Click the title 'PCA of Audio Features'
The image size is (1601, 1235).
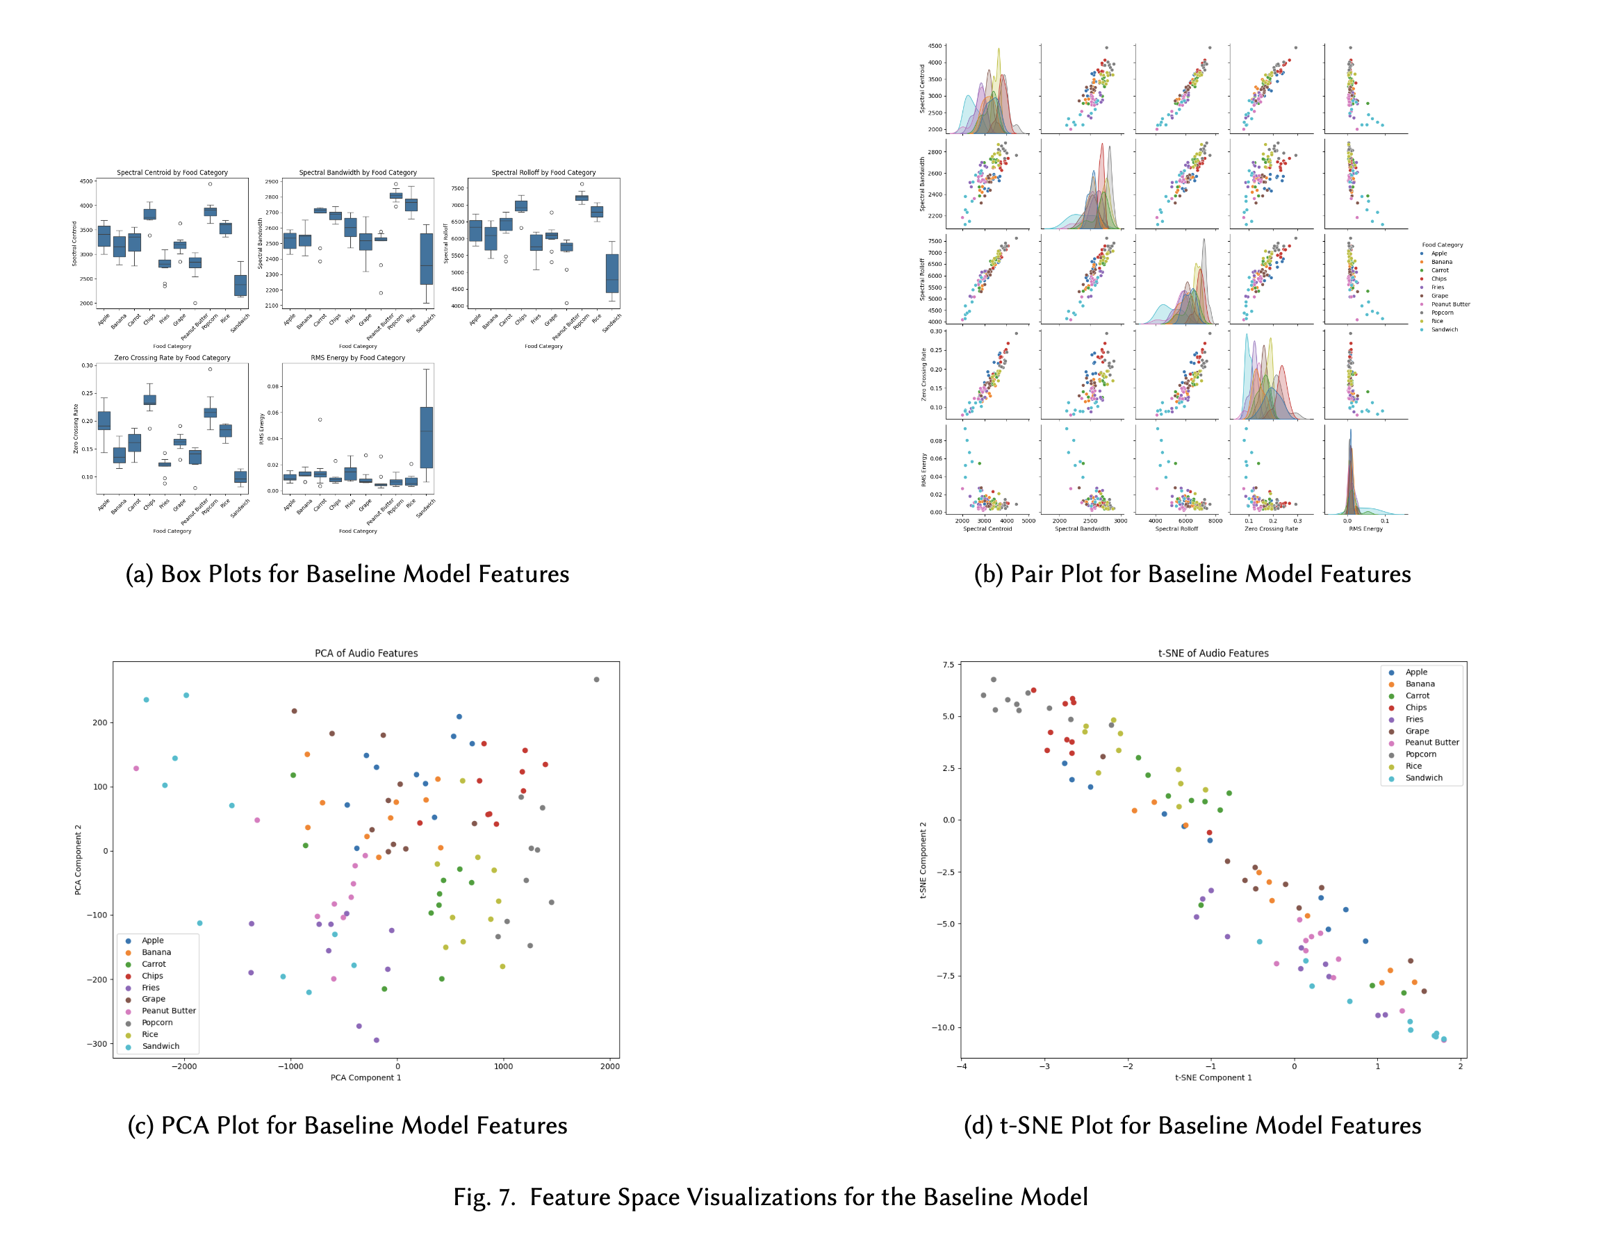(x=366, y=653)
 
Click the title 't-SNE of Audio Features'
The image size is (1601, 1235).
(x=1213, y=653)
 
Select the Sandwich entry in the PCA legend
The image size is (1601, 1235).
(x=160, y=1046)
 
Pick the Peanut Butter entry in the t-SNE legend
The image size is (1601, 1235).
(x=1431, y=743)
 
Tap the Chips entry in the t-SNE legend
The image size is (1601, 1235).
(x=1415, y=707)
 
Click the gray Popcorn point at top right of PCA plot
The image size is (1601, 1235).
(x=596, y=679)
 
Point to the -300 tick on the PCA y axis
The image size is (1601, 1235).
(x=96, y=1044)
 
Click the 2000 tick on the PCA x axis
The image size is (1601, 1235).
(x=609, y=1066)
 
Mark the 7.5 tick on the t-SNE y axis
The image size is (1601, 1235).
(x=949, y=665)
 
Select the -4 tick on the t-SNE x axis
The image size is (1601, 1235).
(x=961, y=1066)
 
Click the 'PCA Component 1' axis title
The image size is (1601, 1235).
(x=365, y=1077)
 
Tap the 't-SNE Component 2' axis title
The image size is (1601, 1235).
(x=923, y=860)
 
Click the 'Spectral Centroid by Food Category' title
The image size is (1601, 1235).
(x=172, y=173)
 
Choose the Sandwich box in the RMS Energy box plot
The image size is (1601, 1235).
(x=426, y=437)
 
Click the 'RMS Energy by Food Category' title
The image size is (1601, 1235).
(x=358, y=358)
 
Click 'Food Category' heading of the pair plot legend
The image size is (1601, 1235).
(x=1442, y=244)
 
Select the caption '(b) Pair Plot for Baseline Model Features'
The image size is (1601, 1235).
(x=1192, y=574)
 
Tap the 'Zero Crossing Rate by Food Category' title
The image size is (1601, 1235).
(x=172, y=358)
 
